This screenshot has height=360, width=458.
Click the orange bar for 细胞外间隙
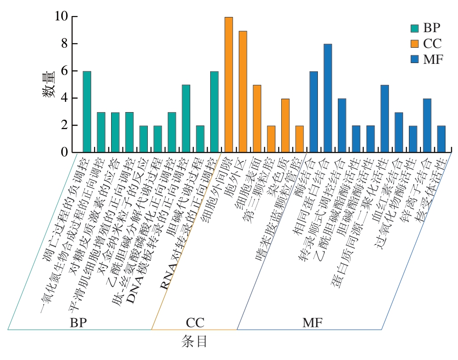(229, 85)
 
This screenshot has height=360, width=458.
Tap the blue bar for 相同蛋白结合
(328, 98)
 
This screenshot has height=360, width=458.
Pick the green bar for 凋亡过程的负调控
(87, 112)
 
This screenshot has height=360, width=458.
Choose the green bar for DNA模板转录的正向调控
(186, 118)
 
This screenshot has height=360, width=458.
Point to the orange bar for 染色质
(285, 126)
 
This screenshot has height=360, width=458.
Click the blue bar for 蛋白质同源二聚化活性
(384, 118)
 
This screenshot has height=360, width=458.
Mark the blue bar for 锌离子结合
(427, 126)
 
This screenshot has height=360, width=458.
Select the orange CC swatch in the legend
(414, 43)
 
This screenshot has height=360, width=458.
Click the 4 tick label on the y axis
(64, 98)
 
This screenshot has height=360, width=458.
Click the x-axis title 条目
(195, 342)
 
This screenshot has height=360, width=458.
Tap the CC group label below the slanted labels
(195, 322)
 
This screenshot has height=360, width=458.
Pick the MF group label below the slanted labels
(312, 322)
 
